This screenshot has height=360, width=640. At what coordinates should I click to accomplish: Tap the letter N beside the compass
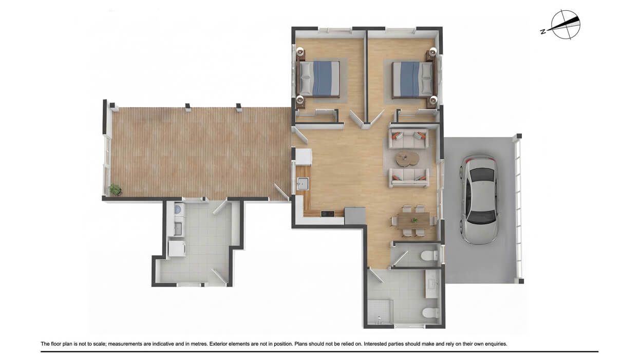(x=543, y=32)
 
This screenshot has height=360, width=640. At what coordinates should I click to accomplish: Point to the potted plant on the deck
(x=115, y=190)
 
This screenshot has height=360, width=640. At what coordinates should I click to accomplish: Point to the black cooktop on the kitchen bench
(x=327, y=214)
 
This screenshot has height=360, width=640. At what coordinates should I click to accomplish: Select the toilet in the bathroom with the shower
(x=428, y=312)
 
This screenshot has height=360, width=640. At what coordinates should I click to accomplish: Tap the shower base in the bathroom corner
(x=380, y=311)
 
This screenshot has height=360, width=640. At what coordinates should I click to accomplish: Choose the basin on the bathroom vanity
(x=431, y=284)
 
